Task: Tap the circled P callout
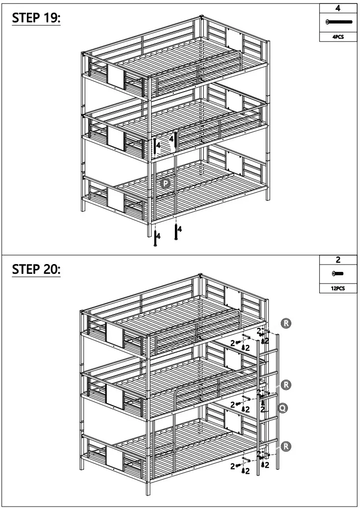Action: [166, 184]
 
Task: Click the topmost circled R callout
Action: [287, 323]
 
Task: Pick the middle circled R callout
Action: [288, 385]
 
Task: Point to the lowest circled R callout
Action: [288, 446]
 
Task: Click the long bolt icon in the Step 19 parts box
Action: [338, 23]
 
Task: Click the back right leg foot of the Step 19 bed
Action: [267, 198]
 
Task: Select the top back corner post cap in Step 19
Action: [201, 18]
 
